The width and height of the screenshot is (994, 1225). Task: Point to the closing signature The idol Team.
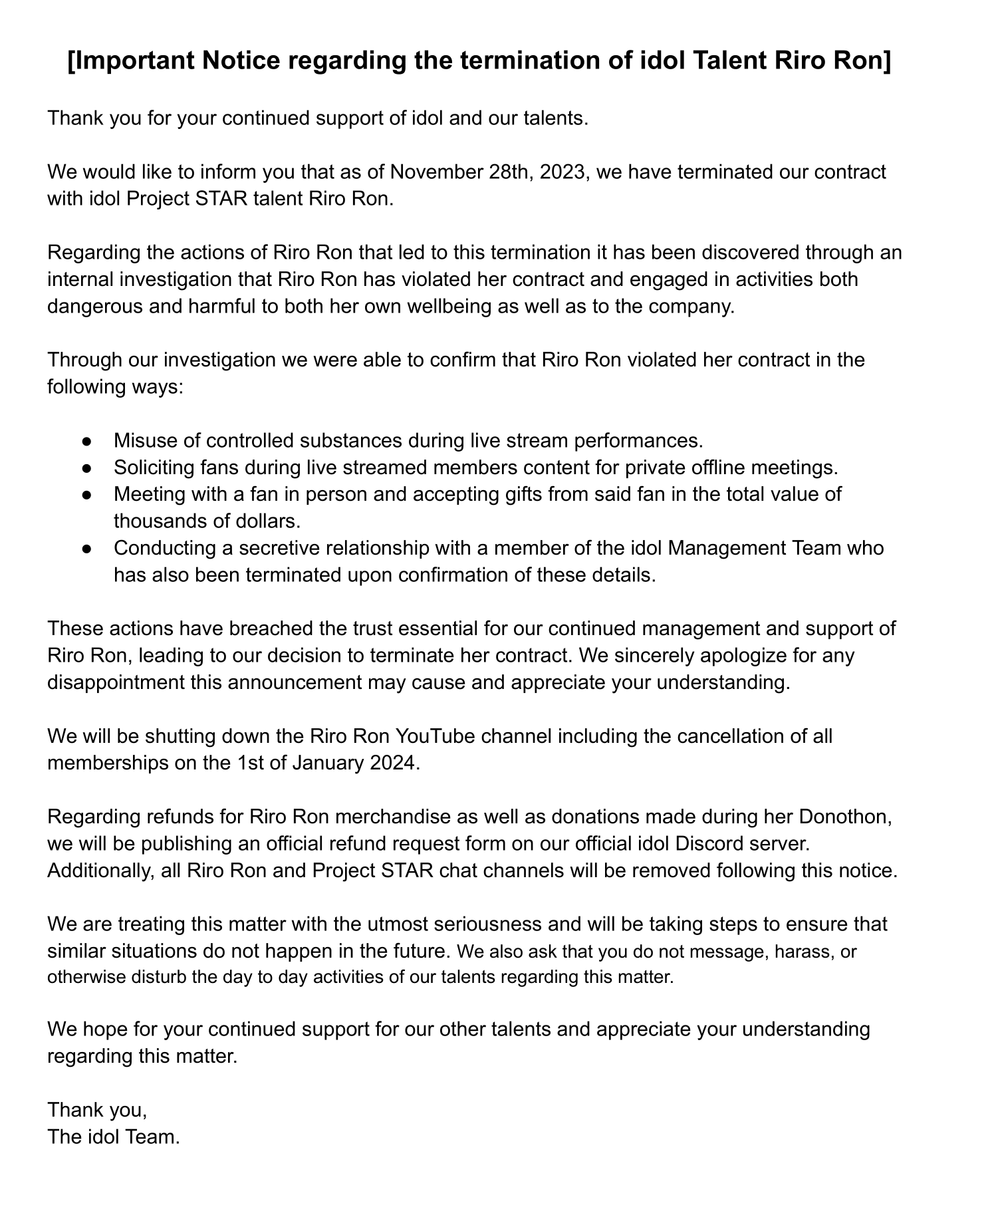pos(114,1137)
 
